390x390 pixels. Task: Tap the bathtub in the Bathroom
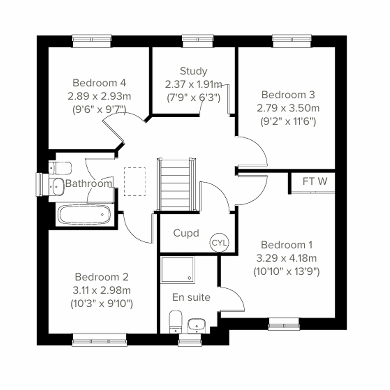tap(84, 215)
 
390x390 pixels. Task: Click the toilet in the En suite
tap(175, 321)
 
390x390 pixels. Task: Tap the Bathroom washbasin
tap(58, 187)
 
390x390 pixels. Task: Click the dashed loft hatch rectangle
tap(135, 182)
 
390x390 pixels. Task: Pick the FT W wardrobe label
tap(315, 181)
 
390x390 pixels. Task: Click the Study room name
tap(193, 71)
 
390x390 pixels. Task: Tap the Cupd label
tap(186, 233)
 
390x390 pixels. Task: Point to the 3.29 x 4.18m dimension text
tap(286, 258)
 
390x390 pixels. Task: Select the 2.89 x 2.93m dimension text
tap(99, 96)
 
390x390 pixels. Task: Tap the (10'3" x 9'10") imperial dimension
tap(101, 304)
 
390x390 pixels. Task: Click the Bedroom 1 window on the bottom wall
tap(284, 324)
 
